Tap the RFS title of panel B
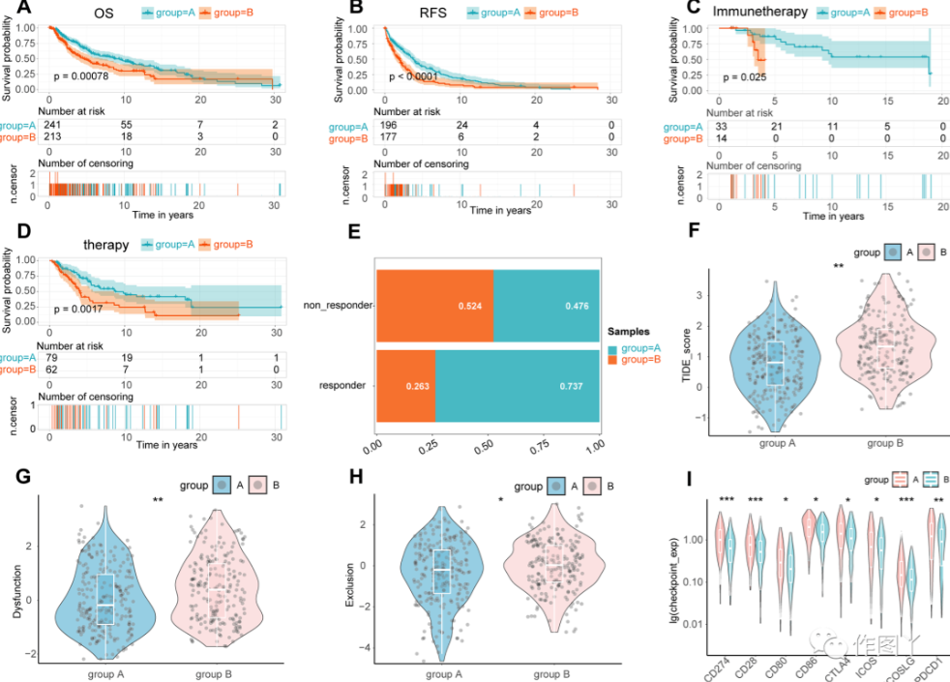point(422,13)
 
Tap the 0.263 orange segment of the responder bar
point(405,386)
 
